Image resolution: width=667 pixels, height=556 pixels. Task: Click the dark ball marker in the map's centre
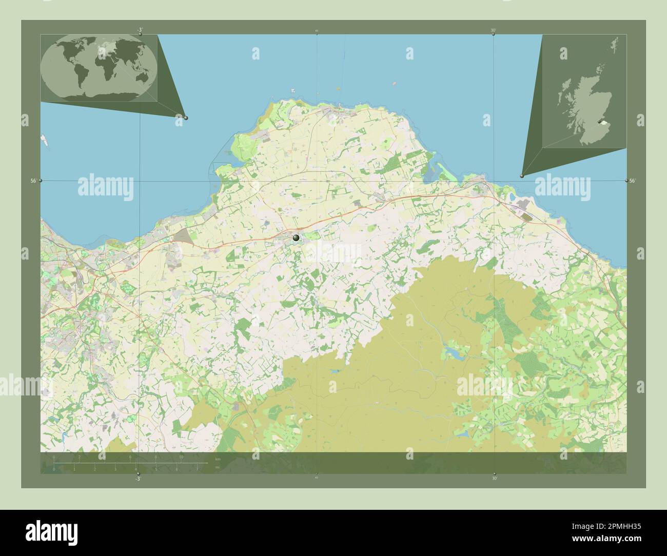296,237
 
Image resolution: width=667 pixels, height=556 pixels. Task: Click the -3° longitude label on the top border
139,30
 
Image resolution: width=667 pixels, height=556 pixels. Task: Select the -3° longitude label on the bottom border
137,479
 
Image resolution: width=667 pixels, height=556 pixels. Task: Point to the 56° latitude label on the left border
33,181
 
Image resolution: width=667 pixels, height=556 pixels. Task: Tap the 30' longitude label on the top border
493,30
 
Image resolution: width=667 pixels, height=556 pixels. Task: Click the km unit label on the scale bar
218,459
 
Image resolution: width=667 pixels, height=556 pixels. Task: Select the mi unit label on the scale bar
218,468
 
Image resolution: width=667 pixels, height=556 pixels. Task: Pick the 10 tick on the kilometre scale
181,456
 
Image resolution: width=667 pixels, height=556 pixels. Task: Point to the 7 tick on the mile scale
197,469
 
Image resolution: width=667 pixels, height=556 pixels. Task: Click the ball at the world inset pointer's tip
185,117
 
